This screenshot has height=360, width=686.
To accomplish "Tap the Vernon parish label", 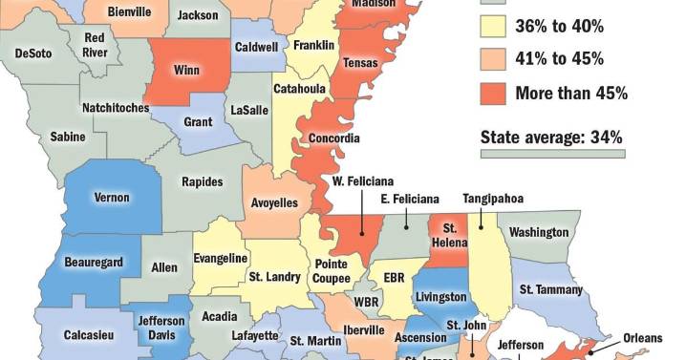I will coord(111,198).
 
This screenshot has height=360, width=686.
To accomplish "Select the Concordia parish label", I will coord(334,138).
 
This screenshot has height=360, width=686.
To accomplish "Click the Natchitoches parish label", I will coord(115,108).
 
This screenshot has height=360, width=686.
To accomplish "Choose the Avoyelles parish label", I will coord(274,202).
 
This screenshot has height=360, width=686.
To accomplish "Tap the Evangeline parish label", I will coord(221,258).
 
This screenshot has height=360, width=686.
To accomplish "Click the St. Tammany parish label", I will coord(551,289).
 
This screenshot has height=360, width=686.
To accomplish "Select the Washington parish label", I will coord(539,232).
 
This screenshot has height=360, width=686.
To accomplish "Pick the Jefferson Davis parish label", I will coord(161,328).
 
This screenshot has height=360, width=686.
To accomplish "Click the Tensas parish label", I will coord(360,63).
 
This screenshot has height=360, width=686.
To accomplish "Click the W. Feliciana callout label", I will coord(363,180).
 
